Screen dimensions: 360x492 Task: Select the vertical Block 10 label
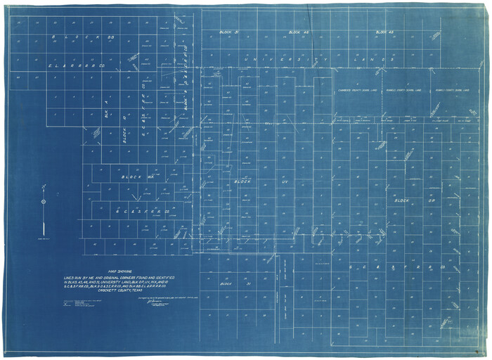tap(124, 127)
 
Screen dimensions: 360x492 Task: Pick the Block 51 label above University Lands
tap(230, 32)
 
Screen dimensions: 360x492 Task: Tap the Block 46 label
tap(299, 32)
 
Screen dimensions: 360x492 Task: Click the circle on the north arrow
tap(43, 202)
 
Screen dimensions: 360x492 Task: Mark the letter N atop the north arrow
tap(43, 187)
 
